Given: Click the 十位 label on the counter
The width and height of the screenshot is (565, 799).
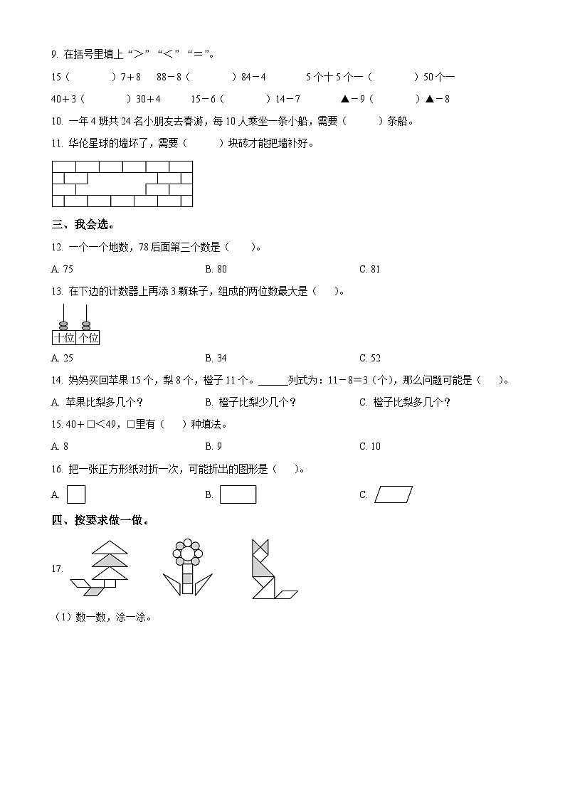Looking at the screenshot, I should pyautogui.click(x=64, y=338).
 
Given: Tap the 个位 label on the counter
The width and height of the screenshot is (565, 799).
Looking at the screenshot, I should pyautogui.click(x=88, y=338).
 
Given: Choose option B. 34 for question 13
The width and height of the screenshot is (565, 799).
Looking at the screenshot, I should pyautogui.click(x=216, y=358).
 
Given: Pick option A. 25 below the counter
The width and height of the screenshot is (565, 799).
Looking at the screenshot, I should pyautogui.click(x=63, y=358).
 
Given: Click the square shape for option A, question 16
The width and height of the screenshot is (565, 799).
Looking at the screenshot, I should pyautogui.click(x=76, y=494).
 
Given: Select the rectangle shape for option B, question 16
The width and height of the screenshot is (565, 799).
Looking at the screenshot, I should pyautogui.click(x=238, y=494).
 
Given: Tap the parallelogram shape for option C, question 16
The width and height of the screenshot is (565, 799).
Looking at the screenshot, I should pyautogui.click(x=394, y=494).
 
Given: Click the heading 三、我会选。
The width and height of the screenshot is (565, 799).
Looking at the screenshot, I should pyautogui.click(x=83, y=225).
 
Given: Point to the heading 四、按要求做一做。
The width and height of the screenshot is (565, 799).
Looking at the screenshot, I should pyautogui.click(x=102, y=520).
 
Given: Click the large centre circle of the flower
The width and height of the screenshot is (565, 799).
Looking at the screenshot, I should pyautogui.click(x=187, y=553).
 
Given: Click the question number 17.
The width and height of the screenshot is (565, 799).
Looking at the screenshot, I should pyautogui.click(x=58, y=568).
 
